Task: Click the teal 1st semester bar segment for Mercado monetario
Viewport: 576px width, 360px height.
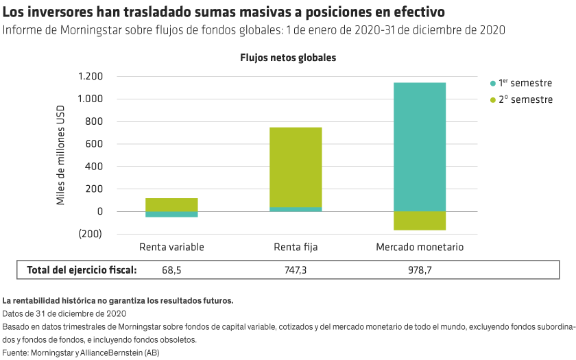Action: [420, 146]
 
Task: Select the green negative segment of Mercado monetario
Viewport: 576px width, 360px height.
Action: [420, 221]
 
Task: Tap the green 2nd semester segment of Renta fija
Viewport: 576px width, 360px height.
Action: [296, 167]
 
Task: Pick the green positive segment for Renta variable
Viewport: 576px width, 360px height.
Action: [171, 204]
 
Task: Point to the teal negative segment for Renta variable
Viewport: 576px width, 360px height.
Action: [171, 215]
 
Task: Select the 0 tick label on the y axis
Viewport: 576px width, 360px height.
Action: [99, 212]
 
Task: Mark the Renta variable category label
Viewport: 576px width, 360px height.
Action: [171, 247]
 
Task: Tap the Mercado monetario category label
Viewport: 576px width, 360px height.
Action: [420, 247]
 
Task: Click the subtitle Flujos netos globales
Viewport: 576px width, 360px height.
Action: [288, 58]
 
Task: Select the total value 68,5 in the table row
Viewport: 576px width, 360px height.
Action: [171, 270]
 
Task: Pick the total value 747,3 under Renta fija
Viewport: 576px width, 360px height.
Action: [296, 270]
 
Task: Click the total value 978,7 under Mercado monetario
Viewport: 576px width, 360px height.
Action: [420, 270]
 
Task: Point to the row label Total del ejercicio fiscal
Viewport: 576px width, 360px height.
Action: [82, 270]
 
